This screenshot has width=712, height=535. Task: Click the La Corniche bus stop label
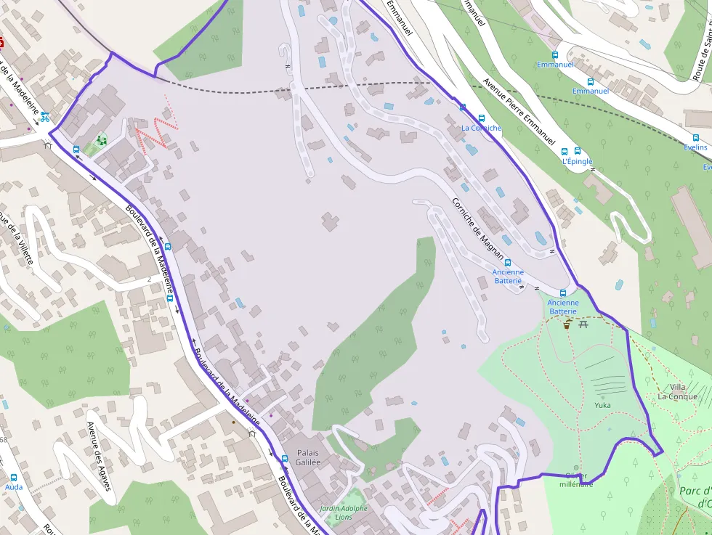pyautogui.click(x=482, y=128)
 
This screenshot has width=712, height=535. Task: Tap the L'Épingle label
pyautogui.click(x=578, y=162)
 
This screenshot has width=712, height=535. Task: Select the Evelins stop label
pyautogui.click(x=695, y=147)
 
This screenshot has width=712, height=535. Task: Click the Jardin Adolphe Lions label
pyautogui.click(x=343, y=512)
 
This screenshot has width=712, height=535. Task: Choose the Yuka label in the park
pyautogui.click(x=602, y=405)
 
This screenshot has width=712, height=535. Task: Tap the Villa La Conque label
pyautogui.click(x=677, y=392)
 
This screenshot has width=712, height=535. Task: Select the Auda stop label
pyautogui.click(x=14, y=487)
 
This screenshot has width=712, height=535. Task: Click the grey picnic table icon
pyautogui.click(x=583, y=324)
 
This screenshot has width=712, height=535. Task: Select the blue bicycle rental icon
pyautogui.click(x=45, y=116)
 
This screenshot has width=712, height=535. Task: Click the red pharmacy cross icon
pyautogui.click(x=2, y=41)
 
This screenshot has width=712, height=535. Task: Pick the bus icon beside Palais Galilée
pyautogui.click(x=285, y=459)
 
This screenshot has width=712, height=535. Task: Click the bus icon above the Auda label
pyautogui.click(x=14, y=478)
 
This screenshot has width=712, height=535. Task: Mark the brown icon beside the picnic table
pyautogui.click(x=567, y=325)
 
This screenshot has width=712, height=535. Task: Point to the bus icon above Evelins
pyautogui.click(x=696, y=137)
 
